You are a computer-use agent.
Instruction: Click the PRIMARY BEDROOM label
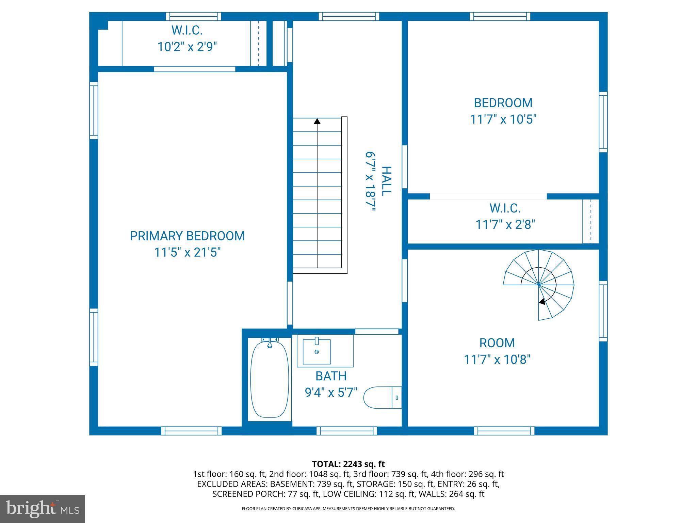coord(187,236)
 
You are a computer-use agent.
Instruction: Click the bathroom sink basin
coord(317,352)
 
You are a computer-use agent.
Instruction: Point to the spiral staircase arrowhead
coord(542,301)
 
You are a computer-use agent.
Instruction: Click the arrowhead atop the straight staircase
coord(317,121)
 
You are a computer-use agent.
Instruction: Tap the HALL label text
coord(386,181)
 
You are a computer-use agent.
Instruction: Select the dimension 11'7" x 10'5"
coord(503,120)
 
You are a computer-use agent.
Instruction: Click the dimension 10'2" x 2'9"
coord(187,47)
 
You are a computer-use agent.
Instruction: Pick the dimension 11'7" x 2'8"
coord(505,225)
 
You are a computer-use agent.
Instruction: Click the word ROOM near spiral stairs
coord(497,343)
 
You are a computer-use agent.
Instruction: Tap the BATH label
coord(331,376)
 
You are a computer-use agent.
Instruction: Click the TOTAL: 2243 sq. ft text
coord(348,464)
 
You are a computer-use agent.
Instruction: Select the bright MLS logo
coord(43,508)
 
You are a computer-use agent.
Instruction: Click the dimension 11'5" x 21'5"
coord(187,253)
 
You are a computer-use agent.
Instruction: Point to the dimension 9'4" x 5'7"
coord(331,393)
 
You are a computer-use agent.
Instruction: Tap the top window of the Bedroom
coord(500,16)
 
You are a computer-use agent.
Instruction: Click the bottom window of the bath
coord(347,431)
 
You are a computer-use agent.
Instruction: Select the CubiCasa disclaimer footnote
coord(348,509)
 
